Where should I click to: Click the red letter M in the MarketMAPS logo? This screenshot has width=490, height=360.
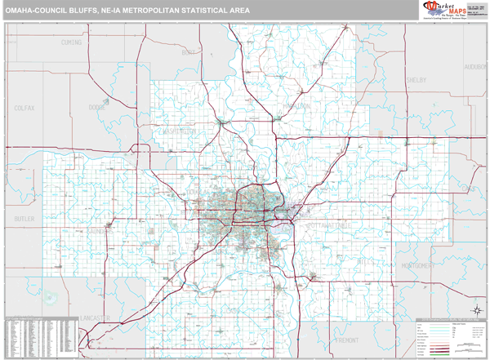click(429, 7)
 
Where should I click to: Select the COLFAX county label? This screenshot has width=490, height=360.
click(24, 107)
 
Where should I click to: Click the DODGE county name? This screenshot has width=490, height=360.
click(98, 107)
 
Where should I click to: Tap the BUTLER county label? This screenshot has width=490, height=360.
click(24, 220)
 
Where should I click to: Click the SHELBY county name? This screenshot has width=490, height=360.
click(416, 80)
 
